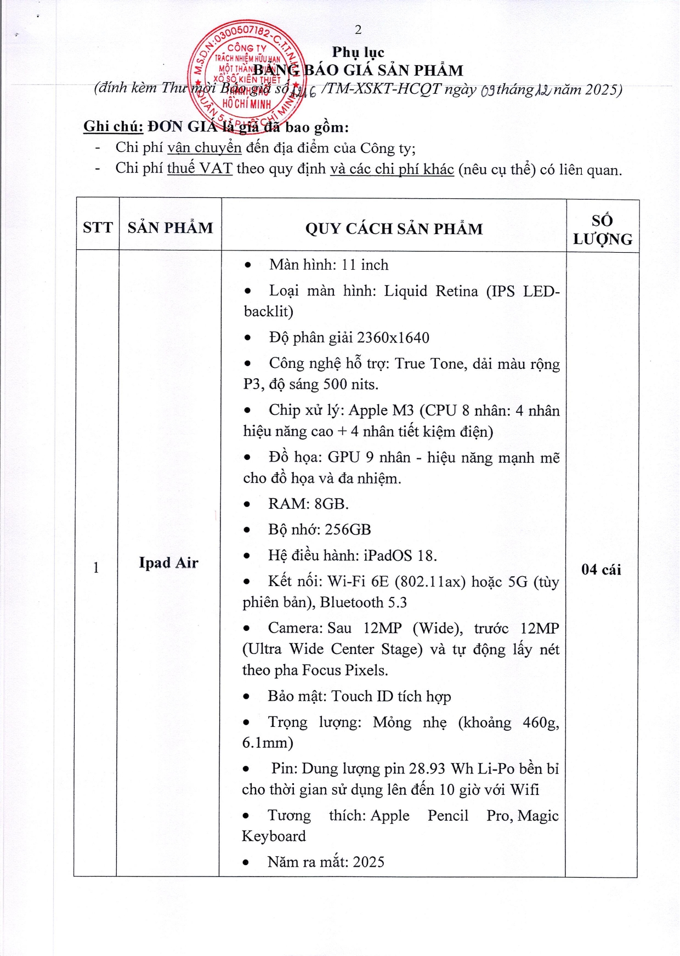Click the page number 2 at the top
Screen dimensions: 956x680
pyautogui.click(x=358, y=30)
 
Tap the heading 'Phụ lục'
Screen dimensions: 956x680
pyautogui.click(x=358, y=52)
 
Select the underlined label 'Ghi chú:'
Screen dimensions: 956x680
pyautogui.click(x=113, y=127)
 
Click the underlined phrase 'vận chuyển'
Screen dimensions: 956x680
pyautogui.click(x=204, y=148)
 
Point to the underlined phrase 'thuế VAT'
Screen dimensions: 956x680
pyautogui.click(x=200, y=168)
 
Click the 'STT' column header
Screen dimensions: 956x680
pyautogui.click(x=98, y=227)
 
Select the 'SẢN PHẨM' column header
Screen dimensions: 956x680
pyautogui.click(x=170, y=227)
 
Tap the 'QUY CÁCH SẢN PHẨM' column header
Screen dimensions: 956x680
pyautogui.click(x=394, y=229)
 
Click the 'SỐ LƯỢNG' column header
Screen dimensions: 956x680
pyautogui.click(x=602, y=230)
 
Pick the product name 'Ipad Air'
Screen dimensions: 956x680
pyautogui.click(x=168, y=563)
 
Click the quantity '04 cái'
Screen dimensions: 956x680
pyautogui.click(x=601, y=570)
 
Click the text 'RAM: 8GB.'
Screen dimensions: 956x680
pyautogui.click(x=308, y=504)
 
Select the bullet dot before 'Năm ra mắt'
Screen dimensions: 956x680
pyautogui.click(x=246, y=862)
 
